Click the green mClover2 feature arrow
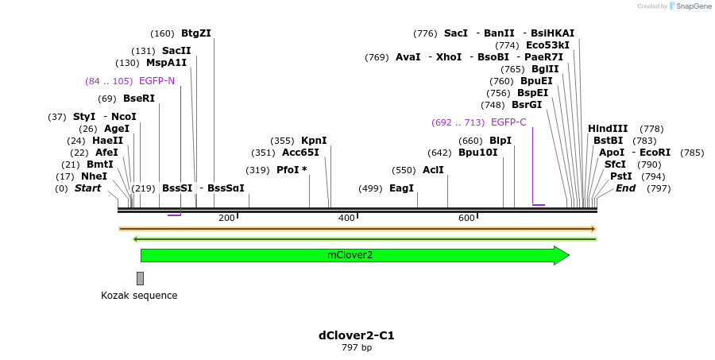(x=350, y=255)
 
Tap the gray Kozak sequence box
(x=140, y=278)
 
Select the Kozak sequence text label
(x=139, y=296)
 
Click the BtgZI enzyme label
(x=195, y=33)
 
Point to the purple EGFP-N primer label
(x=157, y=81)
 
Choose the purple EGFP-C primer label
(x=508, y=122)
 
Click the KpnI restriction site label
(x=314, y=141)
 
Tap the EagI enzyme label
(x=401, y=188)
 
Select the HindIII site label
(x=608, y=129)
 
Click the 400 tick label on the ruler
(x=346, y=218)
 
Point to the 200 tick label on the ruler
(x=226, y=218)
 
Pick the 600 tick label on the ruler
(x=466, y=218)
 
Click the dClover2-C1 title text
(x=356, y=335)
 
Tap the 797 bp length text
(x=356, y=348)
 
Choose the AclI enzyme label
(x=433, y=170)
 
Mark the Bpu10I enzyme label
(x=477, y=153)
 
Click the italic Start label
(x=87, y=188)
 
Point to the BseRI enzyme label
(x=138, y=99)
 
